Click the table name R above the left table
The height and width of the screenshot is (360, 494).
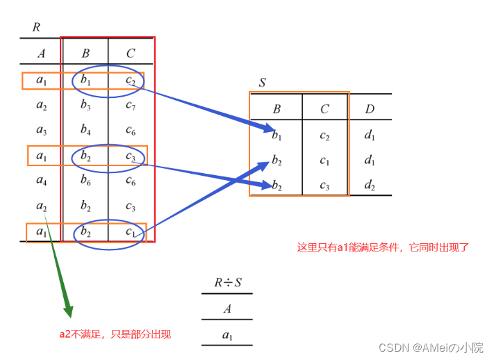click(36, 28)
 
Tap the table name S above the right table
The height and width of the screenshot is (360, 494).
click(262, 83)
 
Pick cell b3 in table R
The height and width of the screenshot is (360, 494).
click(85, 106)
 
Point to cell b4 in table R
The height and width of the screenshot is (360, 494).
click(85, 130)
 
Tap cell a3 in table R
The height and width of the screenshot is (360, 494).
click(42, 130)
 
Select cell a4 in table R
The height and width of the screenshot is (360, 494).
click(42, 181)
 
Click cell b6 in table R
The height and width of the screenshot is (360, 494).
click(85, 181)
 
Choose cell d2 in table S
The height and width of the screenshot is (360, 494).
click(370, 186)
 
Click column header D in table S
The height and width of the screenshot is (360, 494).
click(370, 108)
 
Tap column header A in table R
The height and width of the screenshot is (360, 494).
click(41, 53)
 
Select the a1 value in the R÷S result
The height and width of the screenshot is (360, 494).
click(227, 336)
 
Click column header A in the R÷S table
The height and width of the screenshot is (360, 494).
click(227, 309)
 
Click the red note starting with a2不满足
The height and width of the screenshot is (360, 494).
click(115, 334)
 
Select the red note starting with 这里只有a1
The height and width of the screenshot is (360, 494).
click(383, 247)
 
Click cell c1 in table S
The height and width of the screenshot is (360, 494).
click(324, 161)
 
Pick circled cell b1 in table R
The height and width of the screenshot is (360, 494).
click(85, 81)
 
